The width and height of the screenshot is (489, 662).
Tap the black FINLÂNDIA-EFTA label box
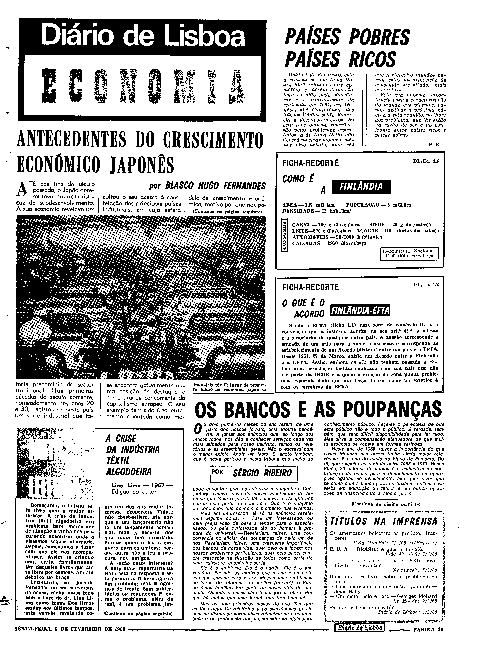[x=360, y=310]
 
